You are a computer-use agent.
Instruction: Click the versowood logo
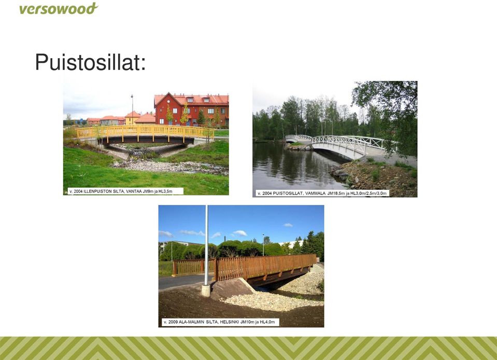(x=59, y=9)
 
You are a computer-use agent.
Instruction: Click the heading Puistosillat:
(x=90, y=62)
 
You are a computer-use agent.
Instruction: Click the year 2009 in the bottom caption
(x=173, y=322)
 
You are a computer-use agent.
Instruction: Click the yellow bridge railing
(x=145, y=131)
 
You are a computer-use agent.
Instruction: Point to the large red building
(x=191, y=109)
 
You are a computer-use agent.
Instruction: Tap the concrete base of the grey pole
(x=206, y=290)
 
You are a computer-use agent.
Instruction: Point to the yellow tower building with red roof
(x=133, y=118)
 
